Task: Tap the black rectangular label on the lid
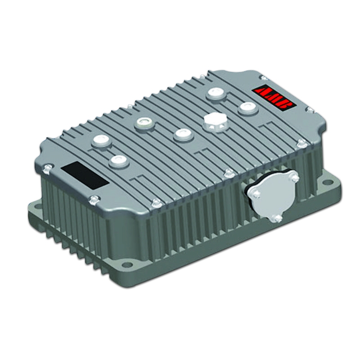(85, 175)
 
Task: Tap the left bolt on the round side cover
(255, 193)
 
